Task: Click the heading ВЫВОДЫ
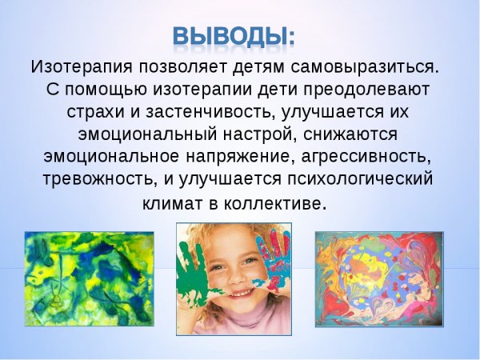[234, 36]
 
